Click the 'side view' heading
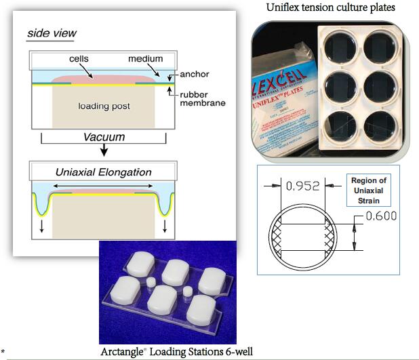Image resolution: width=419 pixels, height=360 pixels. tap(52, 33)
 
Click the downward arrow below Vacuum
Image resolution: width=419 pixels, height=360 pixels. tap(103, 151)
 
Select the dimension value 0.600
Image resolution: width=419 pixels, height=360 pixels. tap(379, 216)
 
